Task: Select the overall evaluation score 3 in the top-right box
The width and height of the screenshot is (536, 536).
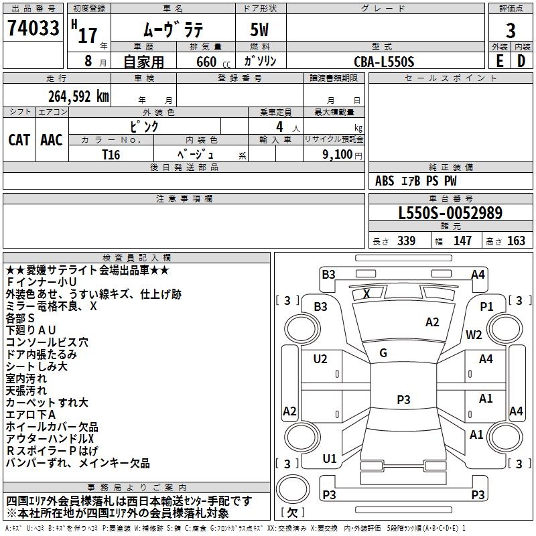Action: pos(511,31)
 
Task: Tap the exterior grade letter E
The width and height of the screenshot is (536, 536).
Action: pos(499,60)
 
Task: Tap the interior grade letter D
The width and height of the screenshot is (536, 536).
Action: pos(521,60)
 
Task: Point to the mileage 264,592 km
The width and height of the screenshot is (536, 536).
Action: pos(78,96)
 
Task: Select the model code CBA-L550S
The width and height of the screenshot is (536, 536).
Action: pos(384,61)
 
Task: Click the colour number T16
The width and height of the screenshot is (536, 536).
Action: pos(111,153)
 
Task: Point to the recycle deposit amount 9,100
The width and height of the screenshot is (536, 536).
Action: pos(332,154)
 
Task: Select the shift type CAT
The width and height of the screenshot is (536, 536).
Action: pos(19,139)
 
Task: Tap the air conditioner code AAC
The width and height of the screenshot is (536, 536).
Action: pos(52,139)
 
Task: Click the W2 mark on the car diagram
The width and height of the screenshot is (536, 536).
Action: pos(474,335)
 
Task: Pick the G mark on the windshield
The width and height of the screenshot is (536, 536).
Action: pos(383,352)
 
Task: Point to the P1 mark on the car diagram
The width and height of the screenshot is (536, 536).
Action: pos(486,306)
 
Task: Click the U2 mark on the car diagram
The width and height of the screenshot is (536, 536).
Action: pos(320,359)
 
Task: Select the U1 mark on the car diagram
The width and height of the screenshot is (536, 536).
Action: pos(330,459)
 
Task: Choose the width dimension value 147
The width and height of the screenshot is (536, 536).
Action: pos(463,241)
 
